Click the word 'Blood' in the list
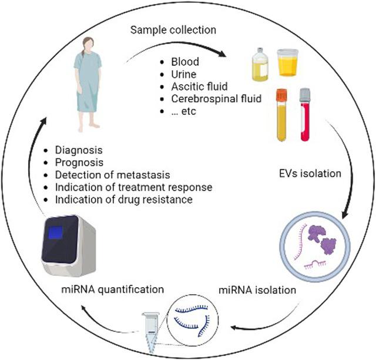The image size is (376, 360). tap(184, 61)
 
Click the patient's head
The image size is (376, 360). tap(87, 45)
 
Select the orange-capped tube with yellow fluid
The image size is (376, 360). tap(281, 115)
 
